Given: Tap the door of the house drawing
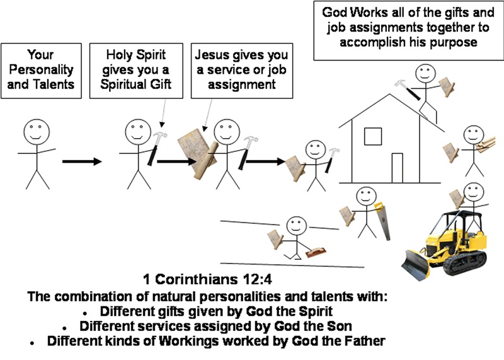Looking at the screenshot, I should pos(398,166).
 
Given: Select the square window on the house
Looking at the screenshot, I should pos(373,135).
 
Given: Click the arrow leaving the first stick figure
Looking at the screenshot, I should pos(81,162).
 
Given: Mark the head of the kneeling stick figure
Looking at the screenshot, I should pos(295,225).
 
